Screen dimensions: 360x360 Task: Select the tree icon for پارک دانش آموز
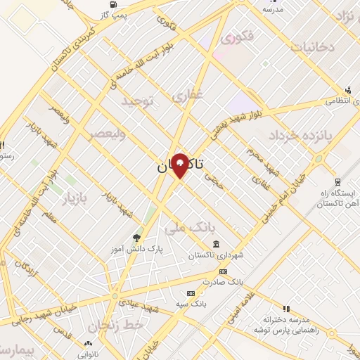click(136, 238)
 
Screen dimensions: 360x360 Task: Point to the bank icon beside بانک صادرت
click(223, 272)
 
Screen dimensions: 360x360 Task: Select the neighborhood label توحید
click(137, 102)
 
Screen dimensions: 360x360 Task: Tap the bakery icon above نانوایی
click(88, 343)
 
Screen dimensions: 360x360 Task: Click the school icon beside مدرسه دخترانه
click(286, 309)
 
